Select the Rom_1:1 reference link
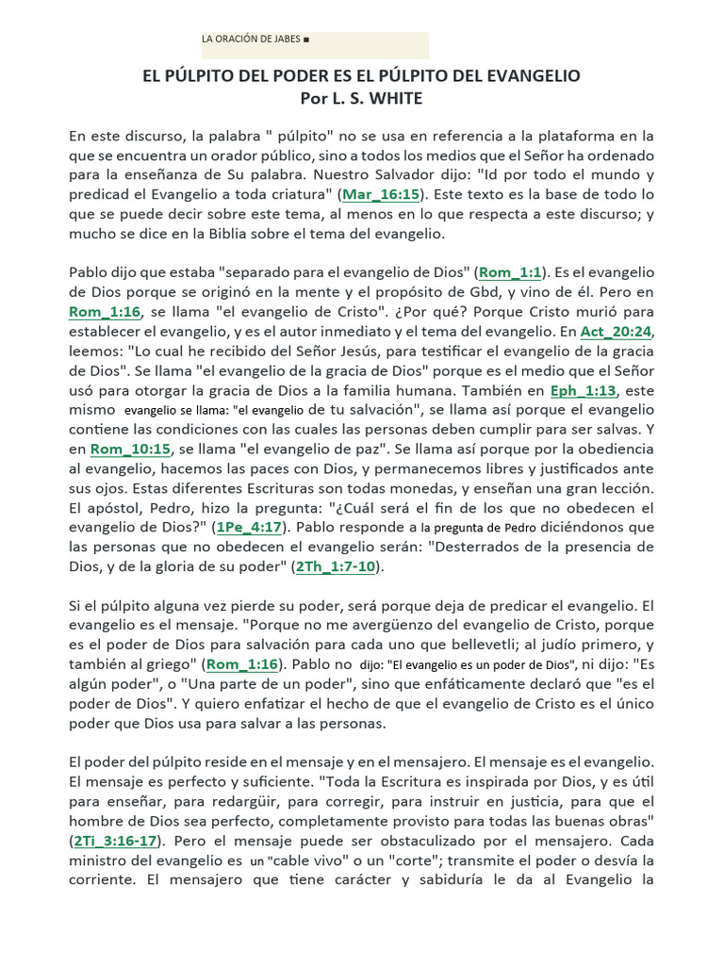coord(510,272)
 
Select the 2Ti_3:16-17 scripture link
coord(116,841)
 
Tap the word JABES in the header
coord(285,40)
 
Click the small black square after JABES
coord(307,40)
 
